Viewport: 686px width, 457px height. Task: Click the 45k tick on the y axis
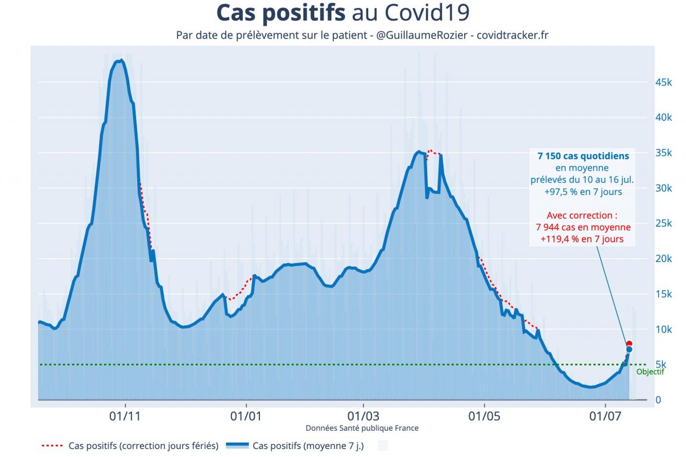coord(664,83)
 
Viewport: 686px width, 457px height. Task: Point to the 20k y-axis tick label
coord(664,259)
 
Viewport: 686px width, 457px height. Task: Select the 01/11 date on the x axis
coord(125,415)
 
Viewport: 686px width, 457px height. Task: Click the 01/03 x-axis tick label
coord(363,415)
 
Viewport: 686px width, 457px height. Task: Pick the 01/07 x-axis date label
coord(605,415)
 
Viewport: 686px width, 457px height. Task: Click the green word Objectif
coord(650,372)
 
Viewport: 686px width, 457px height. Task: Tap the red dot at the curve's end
coord(629,343)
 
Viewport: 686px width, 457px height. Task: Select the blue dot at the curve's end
coord(629,349)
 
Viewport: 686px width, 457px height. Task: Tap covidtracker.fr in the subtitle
coord(512,35)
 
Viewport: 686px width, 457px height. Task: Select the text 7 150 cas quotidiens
coord(583,156)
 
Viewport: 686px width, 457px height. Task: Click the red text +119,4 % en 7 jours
coord(583,239)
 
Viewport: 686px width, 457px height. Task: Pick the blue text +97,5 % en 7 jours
coord(583,191)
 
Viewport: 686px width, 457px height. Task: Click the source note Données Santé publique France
coord(362,428)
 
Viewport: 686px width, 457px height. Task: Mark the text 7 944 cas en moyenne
coord(583,227)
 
